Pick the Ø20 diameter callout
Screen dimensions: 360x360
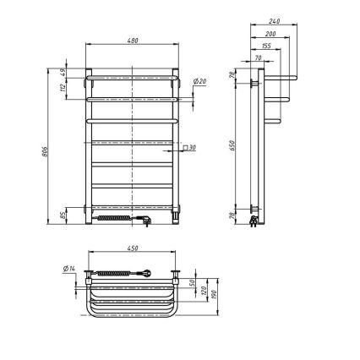(200, 81)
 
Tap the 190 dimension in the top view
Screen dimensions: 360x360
(217, 295)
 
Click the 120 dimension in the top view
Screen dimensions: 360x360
(205, 289)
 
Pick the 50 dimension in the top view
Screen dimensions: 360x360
(193, 283)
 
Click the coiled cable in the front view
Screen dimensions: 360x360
(115, 219)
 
